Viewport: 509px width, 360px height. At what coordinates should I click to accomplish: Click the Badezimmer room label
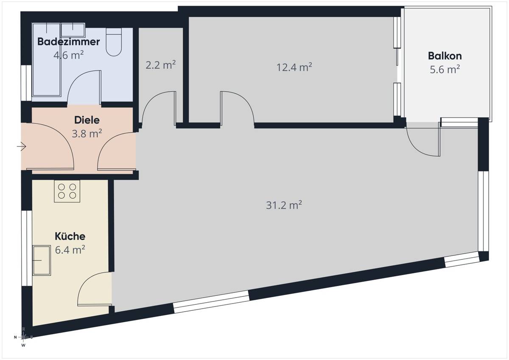[69, 42]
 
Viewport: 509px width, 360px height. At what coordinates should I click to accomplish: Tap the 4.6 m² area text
[68, 55]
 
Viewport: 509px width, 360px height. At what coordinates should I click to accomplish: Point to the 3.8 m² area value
[87, 134]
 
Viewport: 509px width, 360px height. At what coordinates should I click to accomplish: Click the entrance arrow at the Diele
[21, 146]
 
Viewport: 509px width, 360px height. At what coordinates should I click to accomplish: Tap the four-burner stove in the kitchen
[67, 191]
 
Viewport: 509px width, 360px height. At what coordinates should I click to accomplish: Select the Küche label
[70, 236]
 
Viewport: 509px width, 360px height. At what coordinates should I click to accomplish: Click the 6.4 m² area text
[70, 250]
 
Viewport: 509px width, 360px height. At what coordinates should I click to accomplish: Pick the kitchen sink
[42, 260]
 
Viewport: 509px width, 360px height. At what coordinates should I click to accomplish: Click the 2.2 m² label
[161, 65]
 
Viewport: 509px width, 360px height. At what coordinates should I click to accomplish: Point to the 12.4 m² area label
[294, 67]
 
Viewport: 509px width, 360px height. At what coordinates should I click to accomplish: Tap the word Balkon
[445, 56]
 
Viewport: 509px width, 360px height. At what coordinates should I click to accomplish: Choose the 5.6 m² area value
[445, 70]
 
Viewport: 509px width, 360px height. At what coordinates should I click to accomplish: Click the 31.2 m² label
[284, 205]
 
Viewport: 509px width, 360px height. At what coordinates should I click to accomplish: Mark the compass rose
[23, 337]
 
